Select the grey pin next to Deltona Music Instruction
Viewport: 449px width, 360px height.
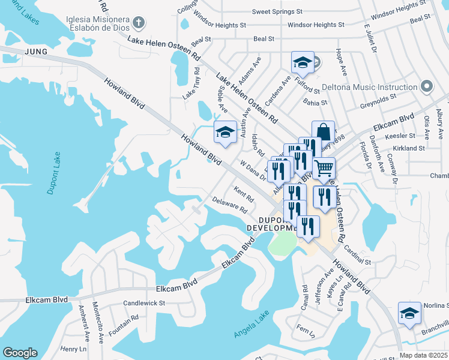(x=427, y=87)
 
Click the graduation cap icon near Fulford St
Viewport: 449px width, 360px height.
(x=303, y=62)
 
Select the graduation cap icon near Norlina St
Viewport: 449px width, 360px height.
(x=409, y=313)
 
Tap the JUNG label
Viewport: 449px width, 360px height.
(x=35, y=52)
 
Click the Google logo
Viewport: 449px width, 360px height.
(x=20, y=352)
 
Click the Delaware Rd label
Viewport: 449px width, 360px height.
(x=229, y=205)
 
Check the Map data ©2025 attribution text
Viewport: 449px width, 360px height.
(x=423, y=355)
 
